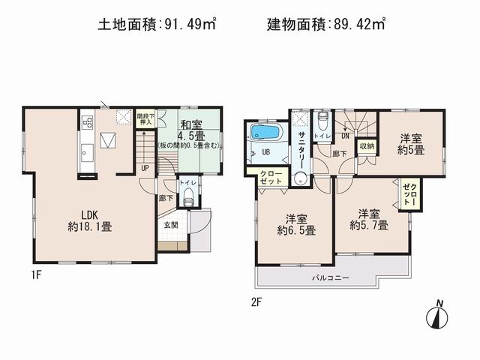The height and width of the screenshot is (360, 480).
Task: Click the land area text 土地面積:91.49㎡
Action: (x=157, y=24)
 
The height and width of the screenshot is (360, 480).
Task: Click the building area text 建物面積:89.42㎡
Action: (x=326, y=24)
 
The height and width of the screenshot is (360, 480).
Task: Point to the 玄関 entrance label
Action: (x=170, y=223)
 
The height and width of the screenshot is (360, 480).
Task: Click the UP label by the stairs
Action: (x=145, y=169)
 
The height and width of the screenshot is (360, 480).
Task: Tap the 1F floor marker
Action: (x=35, y=274)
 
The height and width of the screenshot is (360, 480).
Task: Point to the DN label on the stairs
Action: (x=345, y=136)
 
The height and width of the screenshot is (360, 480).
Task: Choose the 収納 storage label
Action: (x=367, y=147)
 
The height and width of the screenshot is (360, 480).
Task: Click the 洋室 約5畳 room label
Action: (x=412, y=144)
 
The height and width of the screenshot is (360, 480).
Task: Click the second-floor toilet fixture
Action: (x=322, y=122)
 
